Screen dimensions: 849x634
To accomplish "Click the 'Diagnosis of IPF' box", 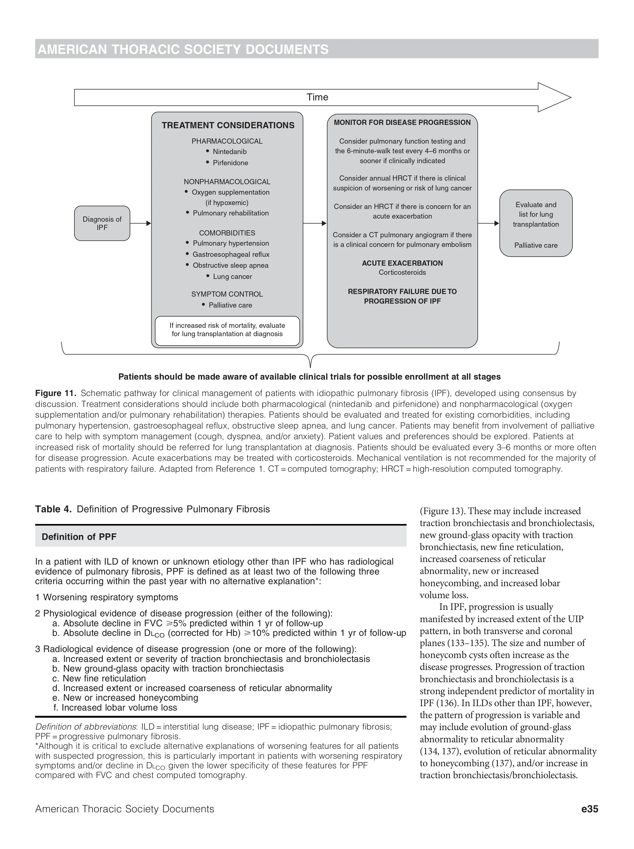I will pyautogui.click(x=102, y=224).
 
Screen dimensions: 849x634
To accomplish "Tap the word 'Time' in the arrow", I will pyautogui.click(x=317, y=97).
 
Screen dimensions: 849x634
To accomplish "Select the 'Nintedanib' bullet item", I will pyautogui.click(x=230, y=152).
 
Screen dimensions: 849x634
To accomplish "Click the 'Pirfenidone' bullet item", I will pyautogui.click(x=230, y=163).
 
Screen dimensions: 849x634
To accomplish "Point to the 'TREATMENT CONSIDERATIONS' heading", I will pyautogui.click(x=228, y=125).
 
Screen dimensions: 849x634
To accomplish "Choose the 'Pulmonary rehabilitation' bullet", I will pyautogui.click(x=230, y=213).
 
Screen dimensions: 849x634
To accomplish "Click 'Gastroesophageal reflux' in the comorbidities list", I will pyautogui.click(x=231, y=254).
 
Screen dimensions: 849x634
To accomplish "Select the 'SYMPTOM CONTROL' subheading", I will pyautogui.click(x=227, y=294).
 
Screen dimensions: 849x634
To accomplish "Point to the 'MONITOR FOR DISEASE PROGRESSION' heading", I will pyautogui.click(x=402, y=123).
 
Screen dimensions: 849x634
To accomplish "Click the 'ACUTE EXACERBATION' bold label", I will pyautogui.click(x=402, y=263).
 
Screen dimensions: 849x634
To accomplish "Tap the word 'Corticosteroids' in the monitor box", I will pyautogui.click(x=402, y=272).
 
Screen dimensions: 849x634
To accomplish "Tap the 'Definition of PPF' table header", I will pyautogui.click(x=79, y=537).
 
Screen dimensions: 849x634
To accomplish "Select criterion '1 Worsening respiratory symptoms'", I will pyautogui.click(x=107, y=597).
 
